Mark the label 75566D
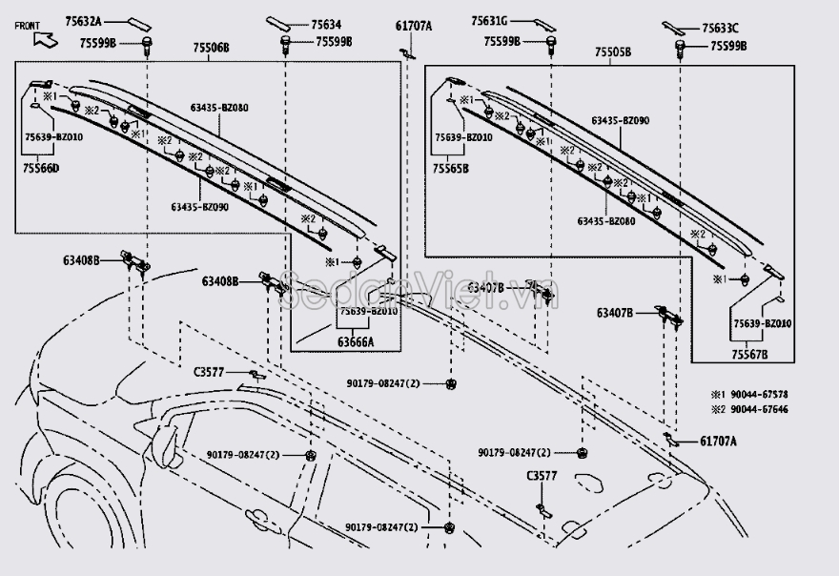point(42,168)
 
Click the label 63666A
point(356,340)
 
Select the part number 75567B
point(749,354)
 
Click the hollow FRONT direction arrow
point(43,38)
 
